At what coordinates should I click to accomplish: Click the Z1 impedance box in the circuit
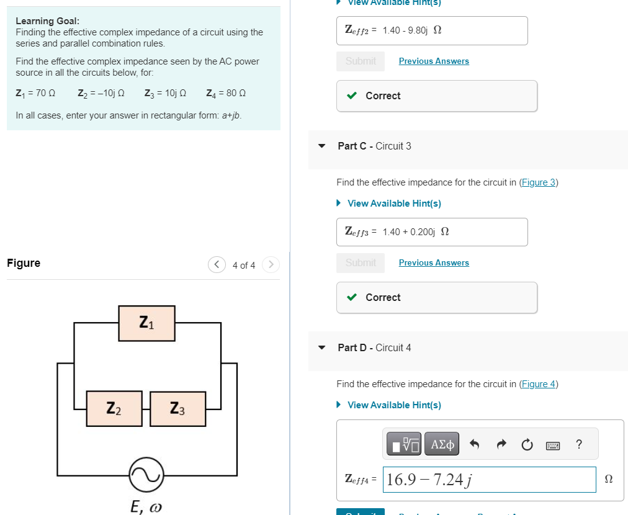(146, 323)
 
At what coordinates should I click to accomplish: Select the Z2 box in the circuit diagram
(114, 408)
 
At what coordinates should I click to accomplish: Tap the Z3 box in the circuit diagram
(177, 408)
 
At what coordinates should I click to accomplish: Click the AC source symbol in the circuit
(146, 475)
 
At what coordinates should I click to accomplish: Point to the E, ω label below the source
(146, 507)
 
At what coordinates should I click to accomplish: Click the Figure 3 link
(538, 182)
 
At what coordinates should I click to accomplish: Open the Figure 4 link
(538, 384)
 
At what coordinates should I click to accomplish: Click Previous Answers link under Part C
(434, 262)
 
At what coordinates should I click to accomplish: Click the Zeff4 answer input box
(489, 480)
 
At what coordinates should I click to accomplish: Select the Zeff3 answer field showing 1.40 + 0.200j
(432, 231)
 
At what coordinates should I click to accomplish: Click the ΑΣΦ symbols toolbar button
(442, 444)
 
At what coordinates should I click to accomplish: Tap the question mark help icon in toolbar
(579, 444)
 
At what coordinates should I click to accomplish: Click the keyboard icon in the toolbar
(553, 445)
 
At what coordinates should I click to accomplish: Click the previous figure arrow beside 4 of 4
(217, 265)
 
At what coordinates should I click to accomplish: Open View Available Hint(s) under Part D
(394, 405)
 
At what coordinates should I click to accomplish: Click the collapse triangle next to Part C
(321, 146)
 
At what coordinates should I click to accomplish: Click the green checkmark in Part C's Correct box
(352, 297)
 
